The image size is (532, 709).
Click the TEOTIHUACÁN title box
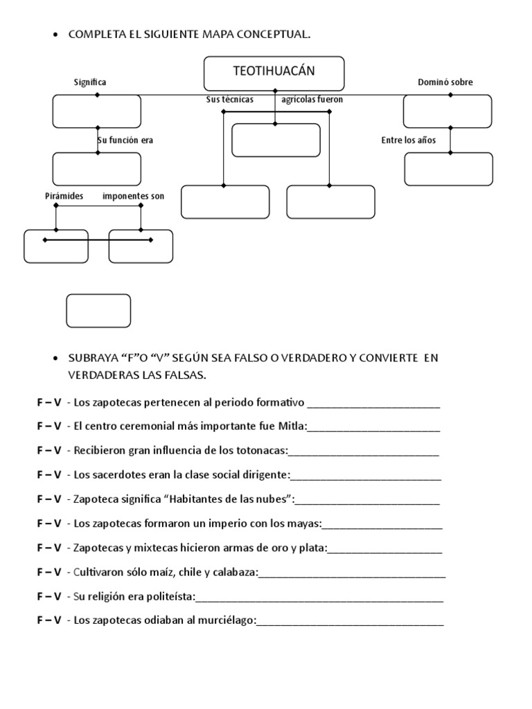coord(274,73)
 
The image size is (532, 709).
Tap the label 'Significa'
coord(90,82)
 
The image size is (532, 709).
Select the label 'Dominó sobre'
coord(445,82)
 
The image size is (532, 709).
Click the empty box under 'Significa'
coord(97,111)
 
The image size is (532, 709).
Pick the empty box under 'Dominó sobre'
coord(447,111)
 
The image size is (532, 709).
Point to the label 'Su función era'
coord(125,140)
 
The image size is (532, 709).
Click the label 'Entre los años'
coord(409,140)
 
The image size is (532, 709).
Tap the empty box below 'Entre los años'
coord(448,169)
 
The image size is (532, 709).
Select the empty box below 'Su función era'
coord(97,169)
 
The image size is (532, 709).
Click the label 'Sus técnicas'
coord(230,100)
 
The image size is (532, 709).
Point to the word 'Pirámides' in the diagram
coord(64,196)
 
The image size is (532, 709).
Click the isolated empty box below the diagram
coord(98,310)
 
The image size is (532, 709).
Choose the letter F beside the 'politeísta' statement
coord(40,596)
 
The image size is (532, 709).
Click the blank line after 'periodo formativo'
coord(373,403)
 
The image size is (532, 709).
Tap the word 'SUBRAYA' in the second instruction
coord(92,358)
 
